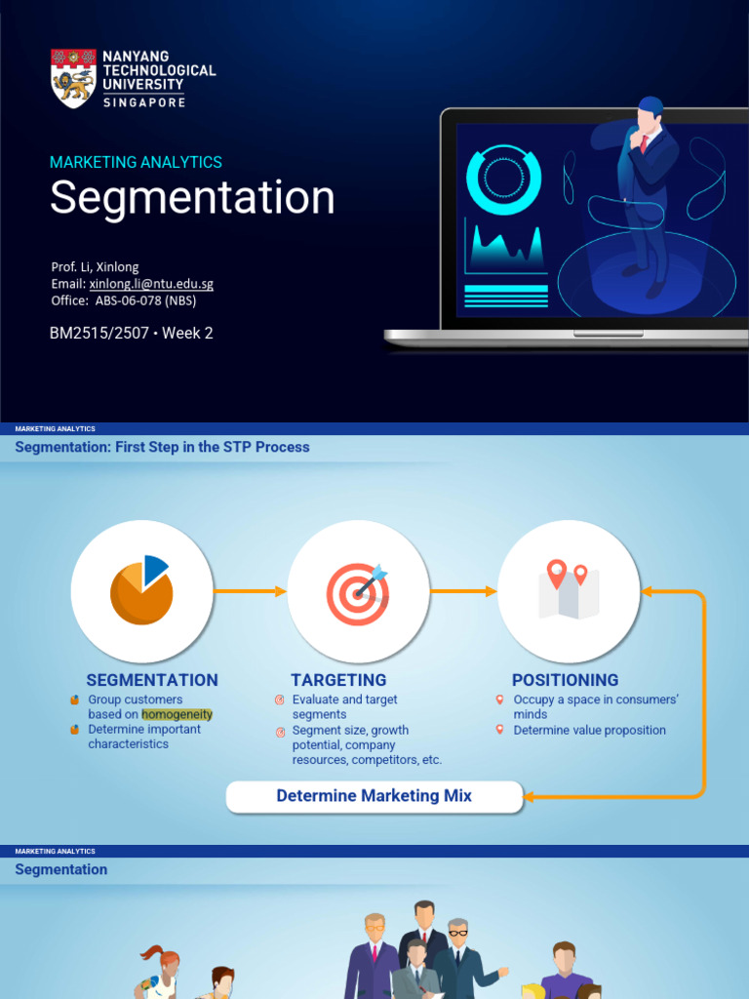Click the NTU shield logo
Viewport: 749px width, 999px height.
click(73, 78)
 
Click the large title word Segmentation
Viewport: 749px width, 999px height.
click(192, 198)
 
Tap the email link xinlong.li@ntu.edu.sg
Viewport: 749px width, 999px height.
click(151, 284)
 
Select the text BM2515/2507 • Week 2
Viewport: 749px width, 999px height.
click(131, 333)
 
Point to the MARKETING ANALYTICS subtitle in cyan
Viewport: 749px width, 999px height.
click(136, 162)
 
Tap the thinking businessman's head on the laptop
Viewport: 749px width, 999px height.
click(649, 115)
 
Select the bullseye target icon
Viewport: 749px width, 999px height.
click(358, 592)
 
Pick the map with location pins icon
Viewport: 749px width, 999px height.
click(569, 590)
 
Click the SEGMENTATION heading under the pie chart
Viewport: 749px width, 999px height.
click(152, 680)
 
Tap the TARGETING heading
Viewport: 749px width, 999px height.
click(338, 680)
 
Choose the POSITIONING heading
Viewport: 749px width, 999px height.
click(565, 680)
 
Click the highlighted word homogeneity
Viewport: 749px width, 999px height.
click(177, 714)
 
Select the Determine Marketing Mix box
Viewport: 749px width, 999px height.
click(374, 796)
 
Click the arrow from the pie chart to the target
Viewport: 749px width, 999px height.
click(250, 591)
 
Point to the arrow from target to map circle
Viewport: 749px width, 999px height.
click(463, 591)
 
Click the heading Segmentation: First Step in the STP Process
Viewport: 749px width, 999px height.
click(162, 447)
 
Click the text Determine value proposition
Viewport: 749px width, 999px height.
click(589, 730)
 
